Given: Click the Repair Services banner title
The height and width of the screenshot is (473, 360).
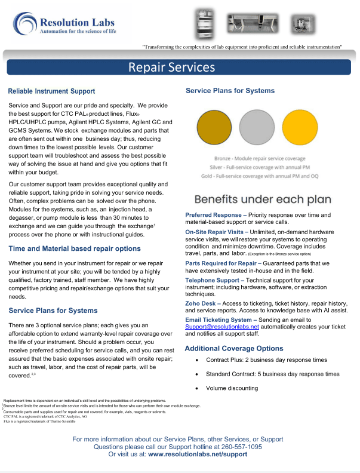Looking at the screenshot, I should pos(171,67).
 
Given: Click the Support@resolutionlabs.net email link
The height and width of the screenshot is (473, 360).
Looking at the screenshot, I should pos(222,327).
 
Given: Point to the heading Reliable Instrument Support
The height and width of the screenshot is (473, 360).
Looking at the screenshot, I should pos(51,91).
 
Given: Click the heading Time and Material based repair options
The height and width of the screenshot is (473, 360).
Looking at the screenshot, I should pos(75,248).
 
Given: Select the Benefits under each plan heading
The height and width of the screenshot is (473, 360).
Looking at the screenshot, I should pos(257,198).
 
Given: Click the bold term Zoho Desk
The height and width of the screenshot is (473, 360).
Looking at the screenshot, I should pos(202,303).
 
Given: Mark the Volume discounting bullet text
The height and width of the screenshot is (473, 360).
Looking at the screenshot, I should pos(232,388).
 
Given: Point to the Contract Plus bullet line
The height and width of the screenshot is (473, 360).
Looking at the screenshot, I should pos(266,360).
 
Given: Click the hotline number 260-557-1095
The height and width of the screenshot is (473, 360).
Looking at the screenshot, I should pos(238,446).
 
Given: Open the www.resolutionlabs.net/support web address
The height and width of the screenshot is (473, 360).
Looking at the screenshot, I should pos(197,454).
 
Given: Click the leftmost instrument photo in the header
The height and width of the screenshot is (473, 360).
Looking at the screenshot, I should pos(204,24).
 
